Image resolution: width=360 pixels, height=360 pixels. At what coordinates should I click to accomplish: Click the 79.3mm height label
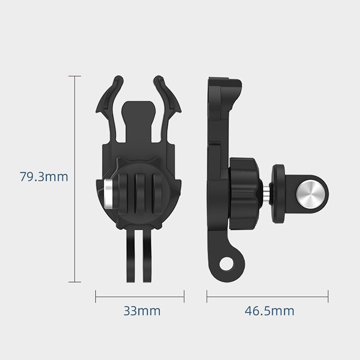(x=44, y=177)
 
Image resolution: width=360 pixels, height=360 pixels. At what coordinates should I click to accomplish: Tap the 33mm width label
(x=142, y=311)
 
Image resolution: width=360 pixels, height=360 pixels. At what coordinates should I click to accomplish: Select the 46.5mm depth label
(x=269, y=311)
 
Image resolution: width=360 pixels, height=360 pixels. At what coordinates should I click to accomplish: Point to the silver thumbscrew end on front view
(x=108, y=194)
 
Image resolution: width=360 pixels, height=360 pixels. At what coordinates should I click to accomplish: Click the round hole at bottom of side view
(x=225, y=264)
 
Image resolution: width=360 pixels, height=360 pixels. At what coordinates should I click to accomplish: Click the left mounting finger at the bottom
(x=131, y=255)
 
